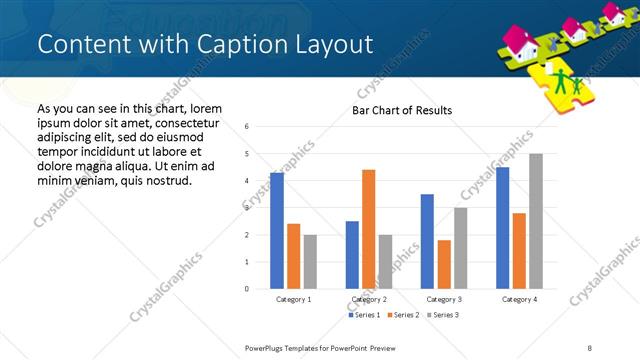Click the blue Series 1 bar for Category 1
click(x=277, y=231)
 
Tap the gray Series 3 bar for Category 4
click(x=536, y=221)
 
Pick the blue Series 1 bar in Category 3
click(x=427, y=241)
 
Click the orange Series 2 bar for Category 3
click(x=444, y=264)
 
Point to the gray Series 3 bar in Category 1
click(x=310, y=262)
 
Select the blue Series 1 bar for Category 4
click(x=502, y=228)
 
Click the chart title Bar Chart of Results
click(x=402, y=110)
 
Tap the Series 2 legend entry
click(x=403, y=315)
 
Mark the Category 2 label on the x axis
click(x=368, y=299)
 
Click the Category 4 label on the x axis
click(x=519, y=299)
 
